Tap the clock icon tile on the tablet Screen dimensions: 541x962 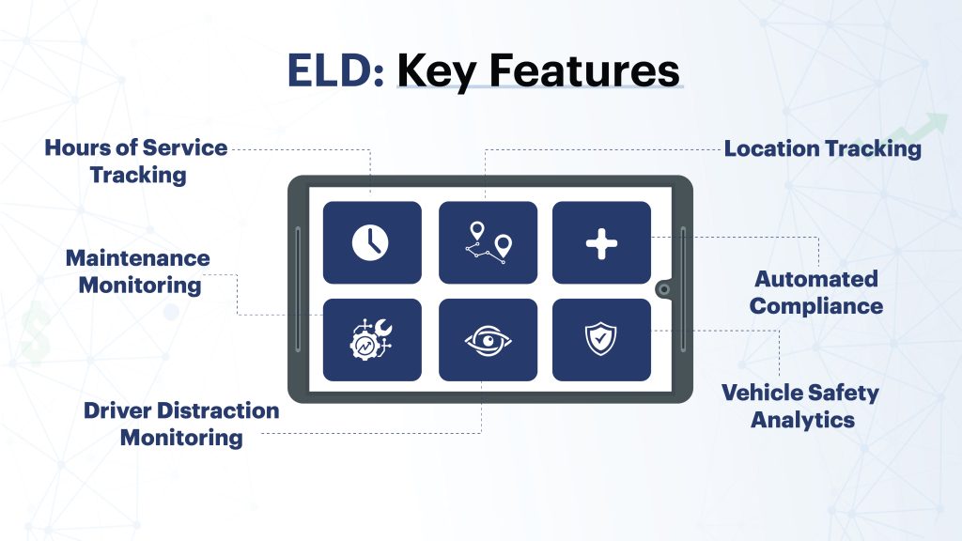point(372,242)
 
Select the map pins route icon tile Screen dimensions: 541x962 point(488,242)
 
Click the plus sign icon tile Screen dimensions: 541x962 point(601,242)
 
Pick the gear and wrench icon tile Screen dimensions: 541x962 point(372,340)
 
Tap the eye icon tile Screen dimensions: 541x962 point(488,340)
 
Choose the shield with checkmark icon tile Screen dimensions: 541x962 point(601,340)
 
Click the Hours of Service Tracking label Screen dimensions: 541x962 point(137,161)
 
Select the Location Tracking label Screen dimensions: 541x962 point(822,148)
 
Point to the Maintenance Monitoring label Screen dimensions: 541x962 point(138,271)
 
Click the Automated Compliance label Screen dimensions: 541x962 point(815,292)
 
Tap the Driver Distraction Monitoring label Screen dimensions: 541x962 point(181,425)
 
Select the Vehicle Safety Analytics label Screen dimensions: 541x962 point(800,406)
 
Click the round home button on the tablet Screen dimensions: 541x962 point(664,289)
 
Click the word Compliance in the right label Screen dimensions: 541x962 point(815,306)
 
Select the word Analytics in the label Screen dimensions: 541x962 point(802,420)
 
